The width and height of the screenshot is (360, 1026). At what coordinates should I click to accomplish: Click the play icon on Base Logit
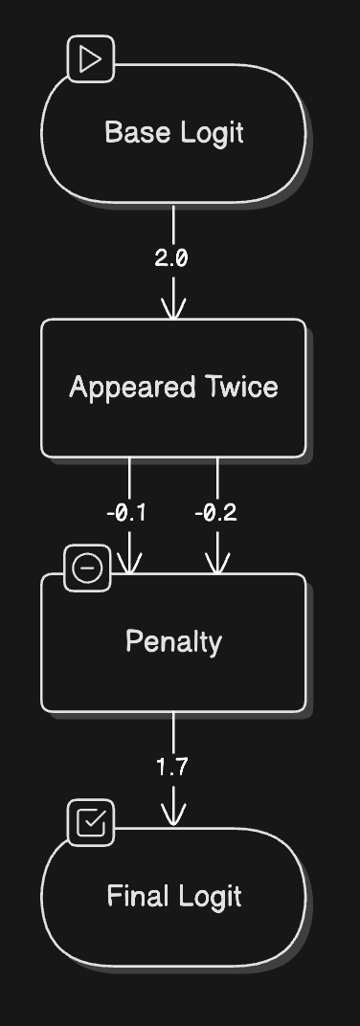(91, 59)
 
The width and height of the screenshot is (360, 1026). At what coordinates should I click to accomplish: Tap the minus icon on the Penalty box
(88, 568)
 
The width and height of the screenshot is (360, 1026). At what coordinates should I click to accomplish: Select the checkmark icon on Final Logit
(91, 822)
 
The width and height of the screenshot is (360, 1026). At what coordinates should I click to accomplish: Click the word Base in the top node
(131, 132)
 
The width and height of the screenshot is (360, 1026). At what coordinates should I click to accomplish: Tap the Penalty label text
(173, 642)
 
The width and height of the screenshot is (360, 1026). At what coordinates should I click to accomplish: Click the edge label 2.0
(171, 258)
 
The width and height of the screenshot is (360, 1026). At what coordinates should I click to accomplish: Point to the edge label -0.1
(126, 513)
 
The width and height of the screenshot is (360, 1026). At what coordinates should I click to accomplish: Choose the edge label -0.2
(216, 513)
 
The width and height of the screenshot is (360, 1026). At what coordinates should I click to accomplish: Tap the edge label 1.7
(172, 767)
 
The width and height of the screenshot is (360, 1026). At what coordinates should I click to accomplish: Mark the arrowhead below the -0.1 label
(129, 564)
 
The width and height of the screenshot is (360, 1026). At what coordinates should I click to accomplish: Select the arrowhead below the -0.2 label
(217, 564)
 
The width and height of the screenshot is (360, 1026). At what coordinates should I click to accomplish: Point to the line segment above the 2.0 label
(173, 226)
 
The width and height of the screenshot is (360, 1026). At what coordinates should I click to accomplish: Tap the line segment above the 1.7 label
(173, 734)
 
